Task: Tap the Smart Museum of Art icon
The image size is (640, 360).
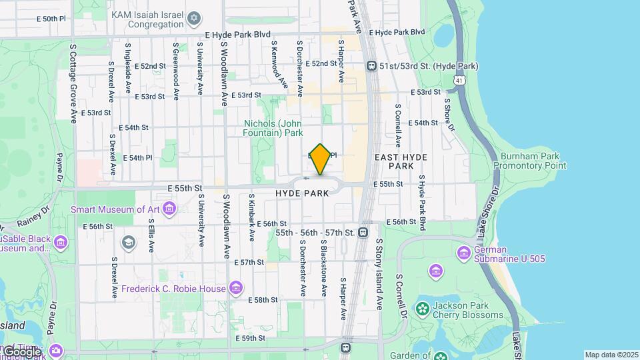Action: [x=169, y=209]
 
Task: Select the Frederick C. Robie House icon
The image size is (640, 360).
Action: [x=235, y=288]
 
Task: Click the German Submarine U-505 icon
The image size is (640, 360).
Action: [x=464, y=253]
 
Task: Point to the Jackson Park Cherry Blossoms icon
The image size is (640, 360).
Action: [x=421, y=309]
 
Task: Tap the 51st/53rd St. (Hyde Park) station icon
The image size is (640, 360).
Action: [x=372, y=66]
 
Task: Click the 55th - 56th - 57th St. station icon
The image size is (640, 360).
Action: [x=363, y=232]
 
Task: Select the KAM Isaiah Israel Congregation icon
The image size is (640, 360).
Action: [x=194, y=17]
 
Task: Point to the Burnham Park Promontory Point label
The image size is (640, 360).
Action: [x=533, y=161]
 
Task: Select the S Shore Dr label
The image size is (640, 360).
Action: [x=447, y=115]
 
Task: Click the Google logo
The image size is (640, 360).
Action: [x=21, y=351]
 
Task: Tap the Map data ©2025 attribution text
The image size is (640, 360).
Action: [x=611, y=355]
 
